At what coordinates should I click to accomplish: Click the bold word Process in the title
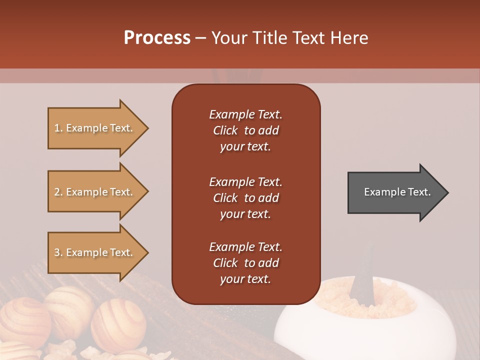pos(157,38)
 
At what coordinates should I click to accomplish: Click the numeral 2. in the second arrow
pos(58,192)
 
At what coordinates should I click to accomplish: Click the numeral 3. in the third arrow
pos(58,252)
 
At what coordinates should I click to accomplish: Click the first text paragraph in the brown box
pos(245,130)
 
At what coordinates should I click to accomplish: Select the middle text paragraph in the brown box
pos(245,198)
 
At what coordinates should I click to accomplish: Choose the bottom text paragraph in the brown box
pos(245,263)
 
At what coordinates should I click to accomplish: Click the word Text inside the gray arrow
pos(419,192)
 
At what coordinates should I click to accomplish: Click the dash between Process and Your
pos(200,38)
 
